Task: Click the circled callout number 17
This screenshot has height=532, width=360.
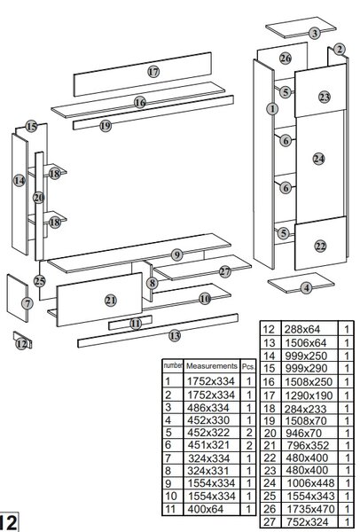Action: click(x=153, y=72)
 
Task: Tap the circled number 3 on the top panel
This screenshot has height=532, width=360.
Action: click(x=315, y=34)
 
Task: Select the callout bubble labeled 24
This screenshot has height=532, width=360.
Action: click(x=318, y=159)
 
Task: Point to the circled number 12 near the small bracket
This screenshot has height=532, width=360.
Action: click(x=21, y=344)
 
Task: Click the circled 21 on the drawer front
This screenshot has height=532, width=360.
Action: click(x=110, y=301)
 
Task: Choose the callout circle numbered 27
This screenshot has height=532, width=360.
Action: click(x=224, y=271)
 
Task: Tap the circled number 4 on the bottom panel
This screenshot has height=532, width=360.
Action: click(x=307, y=288)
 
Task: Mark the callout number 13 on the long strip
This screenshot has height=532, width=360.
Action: click(x=175, y=336)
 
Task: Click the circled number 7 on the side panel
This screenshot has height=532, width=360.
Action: click(x=27, y=303)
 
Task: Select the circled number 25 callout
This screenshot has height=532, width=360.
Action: click(x=40, y=281)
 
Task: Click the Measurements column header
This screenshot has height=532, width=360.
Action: click(x=212, y=366)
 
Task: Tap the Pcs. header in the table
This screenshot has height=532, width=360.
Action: click(x=248, y=367)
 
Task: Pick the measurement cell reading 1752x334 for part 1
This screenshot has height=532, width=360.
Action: click(x=211, y=381)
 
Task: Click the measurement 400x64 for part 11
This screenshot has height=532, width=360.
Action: click(x=206, y=509)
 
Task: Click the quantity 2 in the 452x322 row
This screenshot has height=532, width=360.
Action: click(x=249, y=433)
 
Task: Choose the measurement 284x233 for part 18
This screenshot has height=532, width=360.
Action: click(x=305, y=409)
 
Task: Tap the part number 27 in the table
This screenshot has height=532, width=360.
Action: click(x=270, y=522)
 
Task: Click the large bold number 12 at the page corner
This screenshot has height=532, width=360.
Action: click(x=7, y=522)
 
